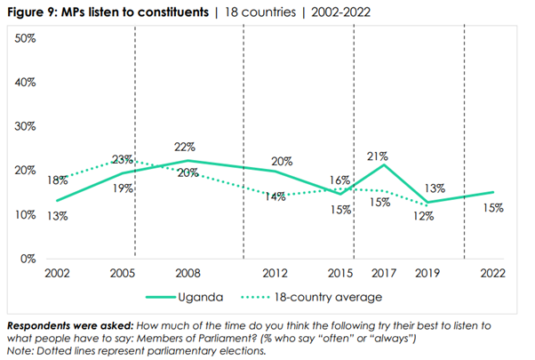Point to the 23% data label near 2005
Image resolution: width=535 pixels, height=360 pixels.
[123, 160]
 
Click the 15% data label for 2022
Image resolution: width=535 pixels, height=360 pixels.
[493, 208]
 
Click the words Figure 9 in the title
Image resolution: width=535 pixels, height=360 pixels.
[33, 12]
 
